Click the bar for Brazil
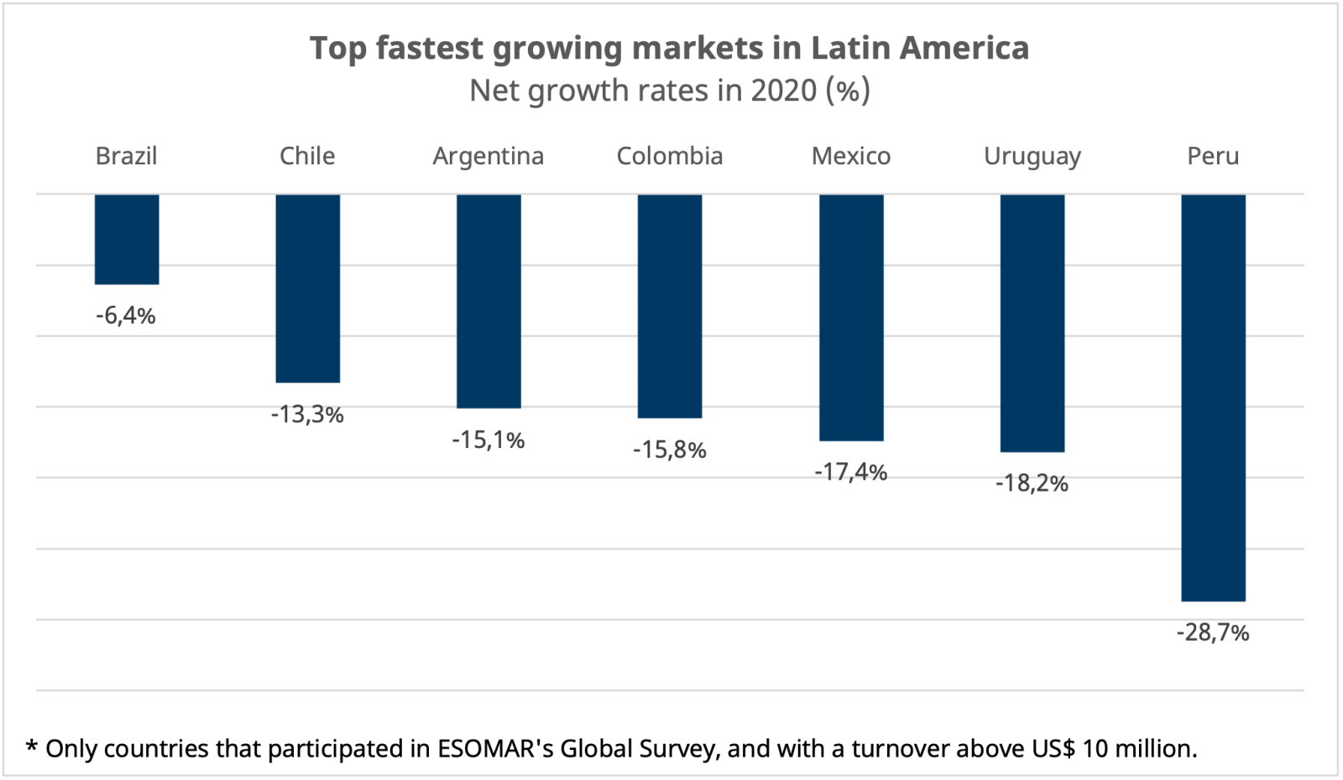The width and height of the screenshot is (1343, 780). tap(127, 239)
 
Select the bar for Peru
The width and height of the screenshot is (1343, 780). tap(1213, 398)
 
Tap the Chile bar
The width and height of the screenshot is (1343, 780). tap(308, 289)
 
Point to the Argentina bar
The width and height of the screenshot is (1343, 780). tap(489, 301)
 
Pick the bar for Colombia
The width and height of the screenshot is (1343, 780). tap(670, 306)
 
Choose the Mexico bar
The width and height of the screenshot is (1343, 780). tap(851, 317)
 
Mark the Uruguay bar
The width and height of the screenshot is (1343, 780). tap(1032, 323)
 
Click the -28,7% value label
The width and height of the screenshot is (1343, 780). tap(1213, 632)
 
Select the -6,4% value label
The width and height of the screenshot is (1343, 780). tap(126, 316)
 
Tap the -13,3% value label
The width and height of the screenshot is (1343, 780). tap(307, 414)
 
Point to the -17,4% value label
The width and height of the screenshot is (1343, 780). tap(850, 472)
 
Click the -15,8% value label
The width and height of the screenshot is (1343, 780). tap(670, 450)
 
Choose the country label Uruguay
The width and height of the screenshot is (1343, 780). tap(1032, 157)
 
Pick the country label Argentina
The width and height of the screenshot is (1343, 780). tap(489, 157)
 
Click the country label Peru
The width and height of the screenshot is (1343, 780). tap(1213, 156)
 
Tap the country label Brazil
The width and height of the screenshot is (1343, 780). tap(126, 156)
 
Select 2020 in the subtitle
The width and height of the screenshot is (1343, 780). tap(784, 91)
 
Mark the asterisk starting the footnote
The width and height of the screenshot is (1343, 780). tap(32, 746)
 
